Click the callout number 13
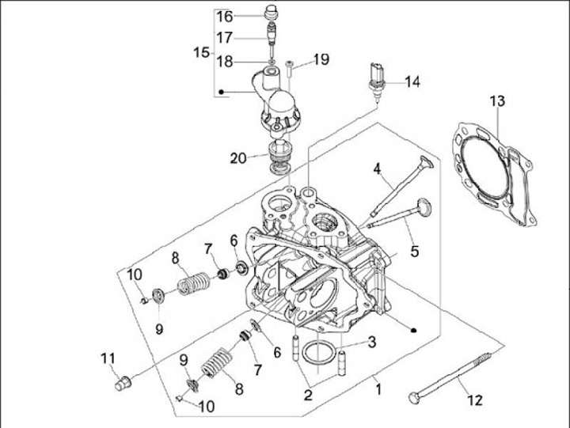pos(496,100)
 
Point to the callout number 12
pos(475,400)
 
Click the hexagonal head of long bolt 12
pos(415,396)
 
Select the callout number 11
pos(108,360)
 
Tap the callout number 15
pos(201,53)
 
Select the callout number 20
pos(238,158)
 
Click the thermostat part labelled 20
pos(278,157)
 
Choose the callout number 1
pos(378,389)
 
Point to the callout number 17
pos(226,36)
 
